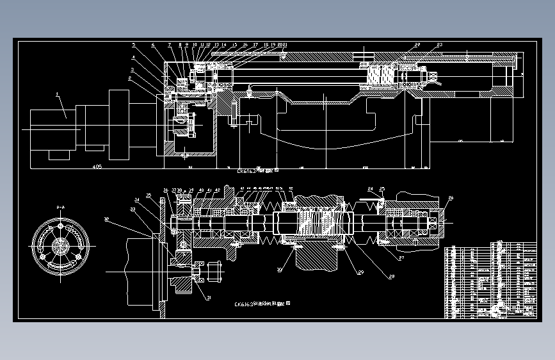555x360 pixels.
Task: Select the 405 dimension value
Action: (97, 167)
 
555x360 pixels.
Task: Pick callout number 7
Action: (170, 45)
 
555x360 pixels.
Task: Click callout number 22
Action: (417, 44)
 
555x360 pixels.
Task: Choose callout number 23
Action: (439, 44)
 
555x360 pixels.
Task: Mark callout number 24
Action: (370, 188)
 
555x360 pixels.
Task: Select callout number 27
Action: (401, 259)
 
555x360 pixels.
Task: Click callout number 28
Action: (390, 276)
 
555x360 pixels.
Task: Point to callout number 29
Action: (360, 273)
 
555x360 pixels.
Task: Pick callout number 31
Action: (207, 298)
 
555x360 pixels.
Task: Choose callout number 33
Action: (133, 209)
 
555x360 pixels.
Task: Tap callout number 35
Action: (149, 195)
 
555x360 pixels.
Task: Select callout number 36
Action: (165, 190)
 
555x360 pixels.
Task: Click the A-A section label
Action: (60, 207)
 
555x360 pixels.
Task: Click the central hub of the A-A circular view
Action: (60, 245)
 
